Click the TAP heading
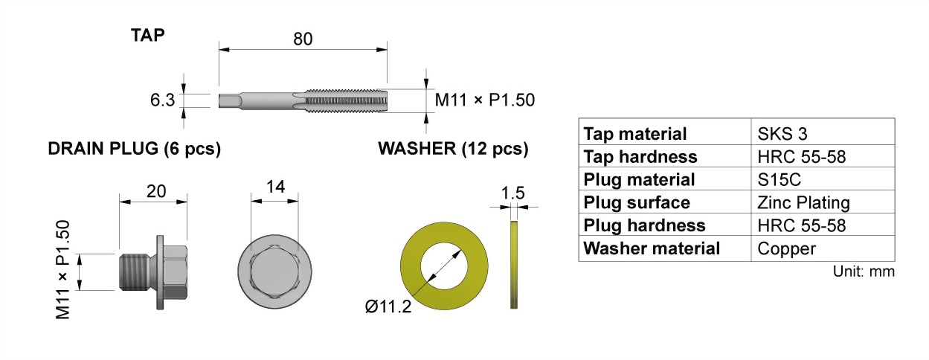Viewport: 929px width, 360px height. point(149,35)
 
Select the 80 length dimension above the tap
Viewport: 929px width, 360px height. point(302,38)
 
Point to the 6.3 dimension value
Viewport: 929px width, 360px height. point(161,99)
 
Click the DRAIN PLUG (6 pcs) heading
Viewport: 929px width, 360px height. point(134,149)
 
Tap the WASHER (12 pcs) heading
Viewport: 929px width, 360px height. point(453,149)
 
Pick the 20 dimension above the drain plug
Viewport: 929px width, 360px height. point(155,191)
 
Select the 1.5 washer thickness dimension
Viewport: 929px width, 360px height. point(512,193)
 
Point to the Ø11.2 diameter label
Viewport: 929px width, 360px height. point(388,306)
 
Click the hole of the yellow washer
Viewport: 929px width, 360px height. point(444,265)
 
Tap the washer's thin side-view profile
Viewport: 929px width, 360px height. point(513,264)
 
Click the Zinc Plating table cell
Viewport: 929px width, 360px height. point(803,202)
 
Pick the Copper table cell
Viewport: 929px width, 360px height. point(786,248)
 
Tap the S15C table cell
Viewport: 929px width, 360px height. point(779,179)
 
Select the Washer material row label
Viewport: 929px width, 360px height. point(652,248)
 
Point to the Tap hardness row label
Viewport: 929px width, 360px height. point(640,157)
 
